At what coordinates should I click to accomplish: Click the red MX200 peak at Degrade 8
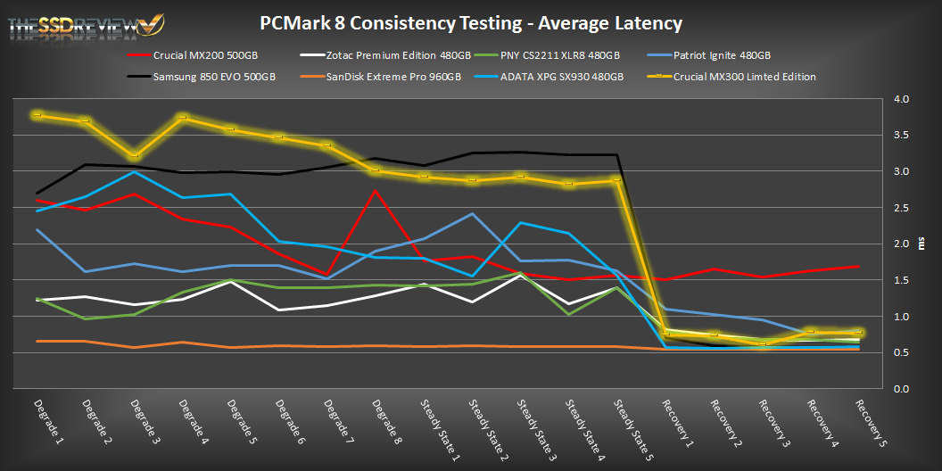(x=376, y=190)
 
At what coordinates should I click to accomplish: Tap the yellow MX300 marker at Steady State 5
(x=617, y=181)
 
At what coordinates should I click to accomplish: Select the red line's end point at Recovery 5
(x=858, y=266)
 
